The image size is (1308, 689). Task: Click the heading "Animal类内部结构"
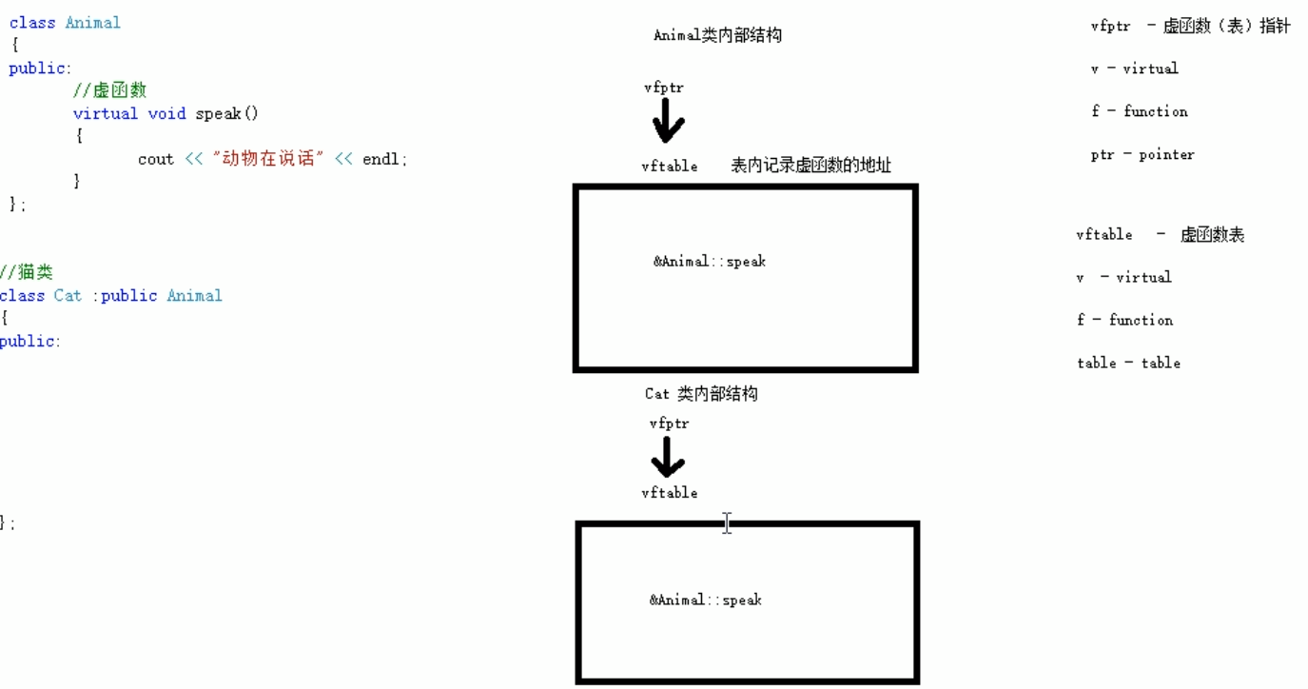717,36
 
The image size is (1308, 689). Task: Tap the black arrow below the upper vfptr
669,122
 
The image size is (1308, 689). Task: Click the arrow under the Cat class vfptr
667,459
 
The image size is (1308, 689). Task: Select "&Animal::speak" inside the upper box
709,262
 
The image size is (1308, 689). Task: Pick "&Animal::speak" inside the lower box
705,600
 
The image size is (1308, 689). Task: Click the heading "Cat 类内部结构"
701,394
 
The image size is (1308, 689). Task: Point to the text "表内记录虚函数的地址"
810,166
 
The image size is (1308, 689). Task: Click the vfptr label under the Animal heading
663,88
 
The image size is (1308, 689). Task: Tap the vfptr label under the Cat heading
669,423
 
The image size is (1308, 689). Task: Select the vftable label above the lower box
669,493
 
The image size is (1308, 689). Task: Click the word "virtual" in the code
105,113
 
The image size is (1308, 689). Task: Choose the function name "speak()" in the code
226,113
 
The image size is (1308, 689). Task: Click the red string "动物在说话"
268,159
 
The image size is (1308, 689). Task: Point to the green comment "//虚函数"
109,90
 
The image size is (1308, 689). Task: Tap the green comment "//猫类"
27,273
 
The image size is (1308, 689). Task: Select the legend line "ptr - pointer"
1142,154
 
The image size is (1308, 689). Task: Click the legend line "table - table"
1128,363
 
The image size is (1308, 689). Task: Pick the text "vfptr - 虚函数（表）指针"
1190,27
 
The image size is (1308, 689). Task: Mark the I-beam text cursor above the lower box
727,522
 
